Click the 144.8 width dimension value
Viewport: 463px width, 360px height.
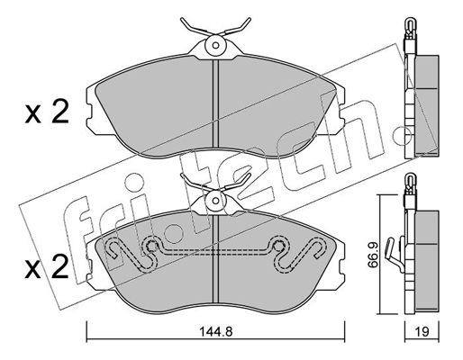point(216,331)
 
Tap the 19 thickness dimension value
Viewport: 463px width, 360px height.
point(422,331)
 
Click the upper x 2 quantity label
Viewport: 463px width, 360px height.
point(47,113)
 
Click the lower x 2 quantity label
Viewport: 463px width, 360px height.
point(47,267)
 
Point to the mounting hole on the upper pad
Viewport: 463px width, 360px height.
point(215,45)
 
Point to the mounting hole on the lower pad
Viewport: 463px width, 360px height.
point(215,201)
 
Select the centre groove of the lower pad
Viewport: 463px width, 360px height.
point(215,259)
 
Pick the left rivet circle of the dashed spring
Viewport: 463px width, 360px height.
point(152,247)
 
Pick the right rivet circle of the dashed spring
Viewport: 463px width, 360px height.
point(279,247)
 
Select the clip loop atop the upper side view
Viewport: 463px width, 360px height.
point(410,25)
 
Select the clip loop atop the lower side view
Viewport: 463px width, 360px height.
point(410,181)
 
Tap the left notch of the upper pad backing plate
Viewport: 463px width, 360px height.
point(89,114)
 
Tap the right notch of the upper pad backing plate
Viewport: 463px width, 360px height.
point(342,114)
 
